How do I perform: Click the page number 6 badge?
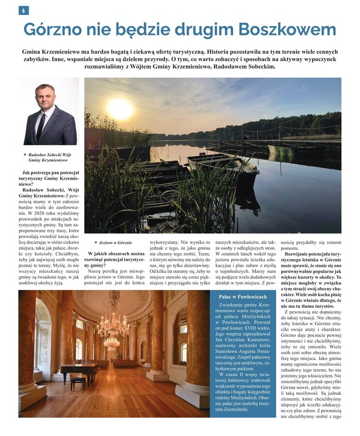click(23, 10)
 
